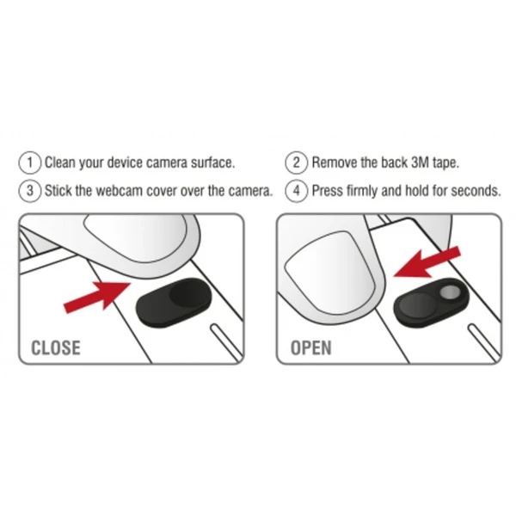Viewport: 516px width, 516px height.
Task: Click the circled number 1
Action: tap(30, 163)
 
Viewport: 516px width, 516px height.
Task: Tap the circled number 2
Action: tap(297, 163)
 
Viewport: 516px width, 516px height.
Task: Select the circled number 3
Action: tap(30, 191)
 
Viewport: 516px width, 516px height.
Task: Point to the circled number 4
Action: tap(297, 191)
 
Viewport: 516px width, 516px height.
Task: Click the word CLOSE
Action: tap(56, 347)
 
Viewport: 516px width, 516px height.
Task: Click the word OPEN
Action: tap(311, 347)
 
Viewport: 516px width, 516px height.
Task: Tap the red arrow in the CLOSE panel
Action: tap(97, 296)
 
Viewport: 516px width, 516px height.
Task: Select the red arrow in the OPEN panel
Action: tap(427, 263)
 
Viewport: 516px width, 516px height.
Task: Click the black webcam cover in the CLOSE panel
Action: tap(174, 303)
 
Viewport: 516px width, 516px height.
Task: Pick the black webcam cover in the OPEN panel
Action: tap(431, 303)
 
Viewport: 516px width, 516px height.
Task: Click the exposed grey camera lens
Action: tap(450, 292)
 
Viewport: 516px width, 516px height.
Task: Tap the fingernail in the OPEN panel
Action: tap(331, 273)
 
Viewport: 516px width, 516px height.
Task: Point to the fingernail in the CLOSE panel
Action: tap(136, 238)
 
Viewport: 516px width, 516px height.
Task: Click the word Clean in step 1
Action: tap(60, 163)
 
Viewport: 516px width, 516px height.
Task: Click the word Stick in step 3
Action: tap(58, 191)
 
